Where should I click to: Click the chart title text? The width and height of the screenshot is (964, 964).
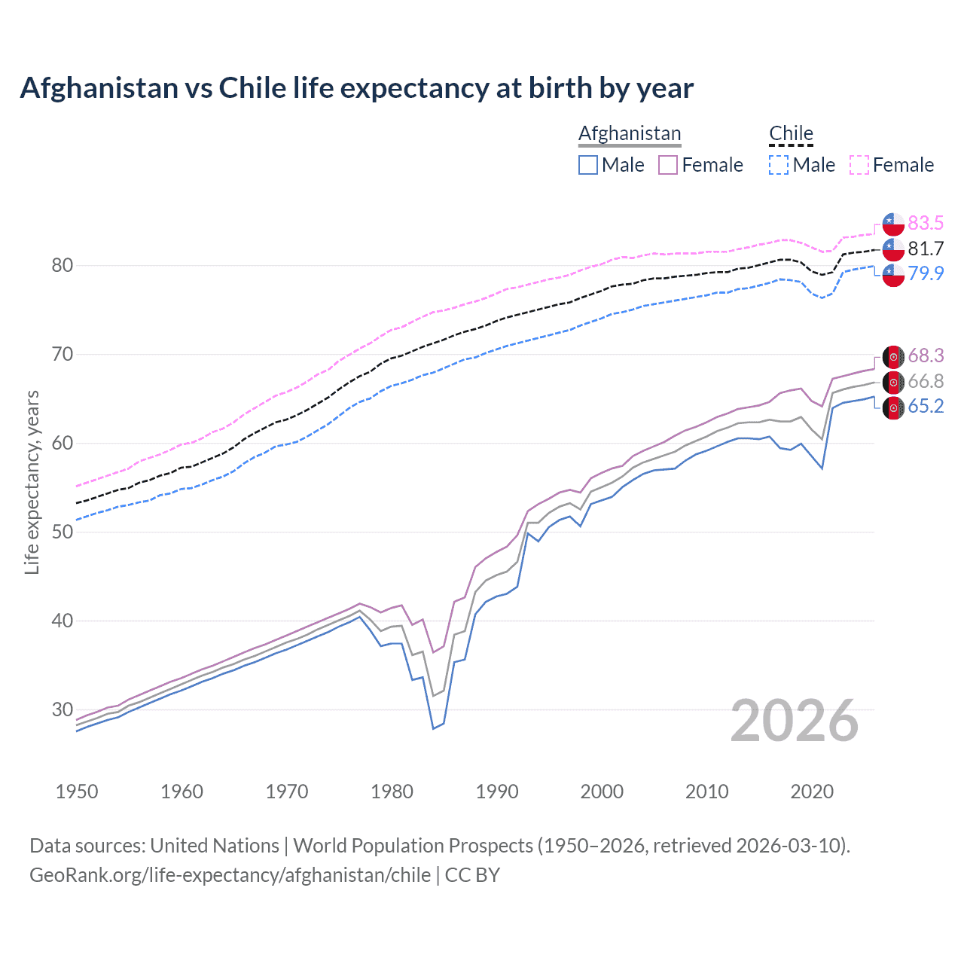click(x=356, y=88)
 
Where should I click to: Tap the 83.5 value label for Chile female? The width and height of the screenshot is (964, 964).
click(x=926, y=223)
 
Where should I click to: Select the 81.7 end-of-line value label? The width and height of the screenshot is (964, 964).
click(x=926, y=249)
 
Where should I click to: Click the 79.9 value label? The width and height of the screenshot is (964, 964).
click(x=926, y=273)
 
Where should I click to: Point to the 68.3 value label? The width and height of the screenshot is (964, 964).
click(x=926, y=355)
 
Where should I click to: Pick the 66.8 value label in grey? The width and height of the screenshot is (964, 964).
click(x=926, y=382)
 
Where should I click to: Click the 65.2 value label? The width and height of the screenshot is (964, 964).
click(x=926, y=407)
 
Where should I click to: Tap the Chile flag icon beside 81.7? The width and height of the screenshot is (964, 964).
click(x=893, y=249)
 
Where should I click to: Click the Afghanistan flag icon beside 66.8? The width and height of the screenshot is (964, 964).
click(x=893, y=383)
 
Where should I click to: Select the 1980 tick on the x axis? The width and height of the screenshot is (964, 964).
click(x=392, y=792)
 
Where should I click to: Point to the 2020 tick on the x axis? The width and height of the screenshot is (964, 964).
click(x=812, y=792)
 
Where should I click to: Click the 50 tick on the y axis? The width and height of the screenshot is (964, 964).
click(x=63, y=532)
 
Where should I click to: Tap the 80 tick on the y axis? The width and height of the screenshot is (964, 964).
click(x=63, y=265)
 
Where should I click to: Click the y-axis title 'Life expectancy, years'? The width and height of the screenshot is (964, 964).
click(x=32, y=482)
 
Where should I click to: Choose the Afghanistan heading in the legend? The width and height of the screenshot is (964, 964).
click(x=630, y=133)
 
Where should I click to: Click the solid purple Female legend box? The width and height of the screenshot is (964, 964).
click(x=668, y=165)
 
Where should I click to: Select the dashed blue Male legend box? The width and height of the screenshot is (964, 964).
click(x=779, y=165)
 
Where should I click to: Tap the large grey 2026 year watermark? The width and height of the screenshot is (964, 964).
click(x=794, y=721)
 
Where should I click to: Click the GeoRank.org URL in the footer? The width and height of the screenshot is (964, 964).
click(x=230, y=875)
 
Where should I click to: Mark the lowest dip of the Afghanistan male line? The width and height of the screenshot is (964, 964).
click(x=433, y=728)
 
